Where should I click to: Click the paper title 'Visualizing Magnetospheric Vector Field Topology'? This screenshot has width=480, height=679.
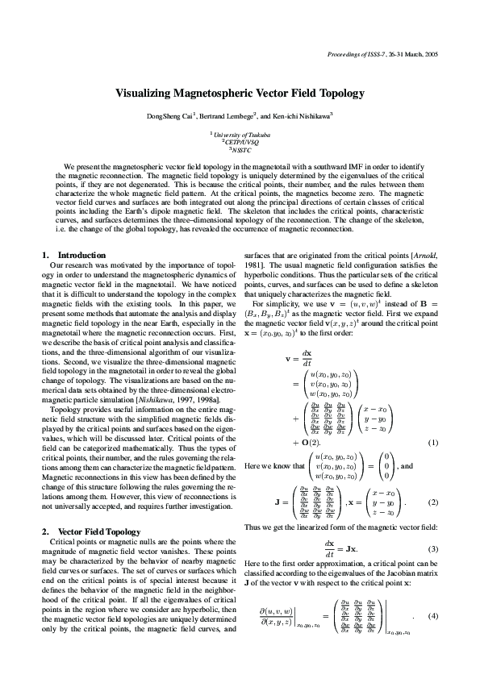point(240,94)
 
